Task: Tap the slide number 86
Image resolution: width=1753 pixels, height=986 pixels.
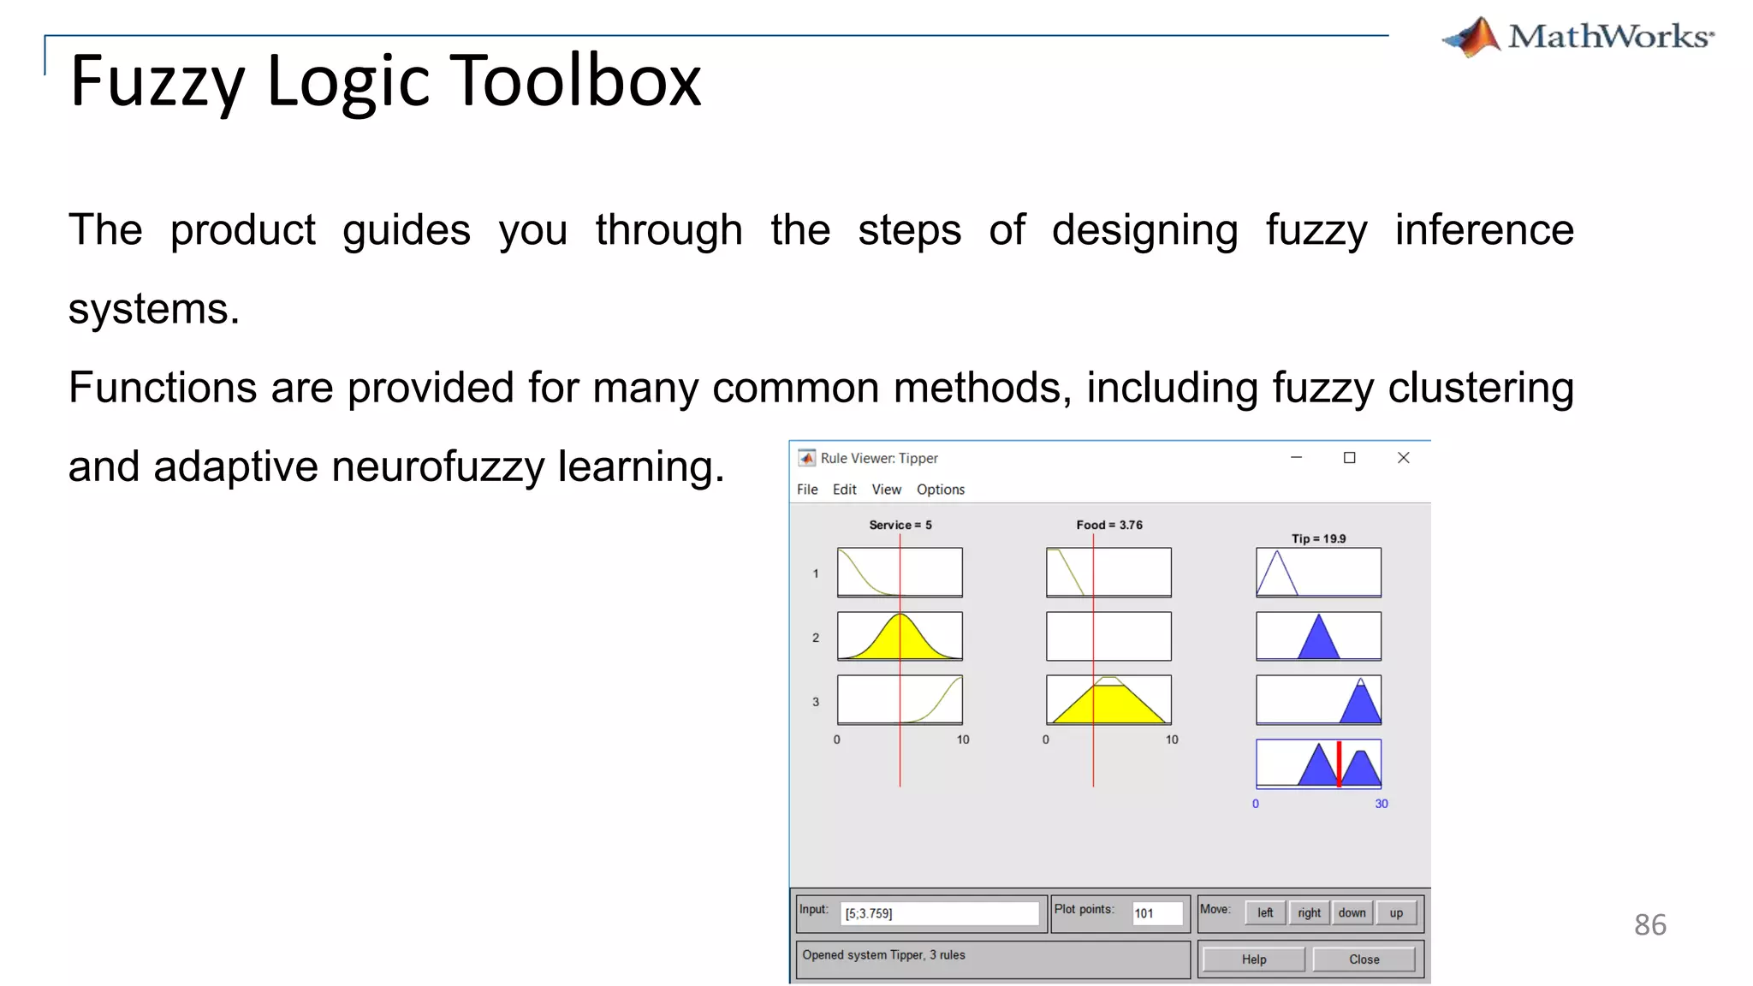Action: click(x=1649, y=924)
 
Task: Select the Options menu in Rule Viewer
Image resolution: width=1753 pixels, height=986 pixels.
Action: click(x=940, y=490)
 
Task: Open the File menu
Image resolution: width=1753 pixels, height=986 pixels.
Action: click(x=807, y=490)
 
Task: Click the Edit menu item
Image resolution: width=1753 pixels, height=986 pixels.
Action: click(x=844, y=490)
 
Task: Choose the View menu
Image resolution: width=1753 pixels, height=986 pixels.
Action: click(x=886, y=490)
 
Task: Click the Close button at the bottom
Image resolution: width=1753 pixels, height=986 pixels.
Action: click(x=1364, y=959)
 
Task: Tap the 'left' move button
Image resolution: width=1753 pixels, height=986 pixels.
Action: click(x=1265, y=913)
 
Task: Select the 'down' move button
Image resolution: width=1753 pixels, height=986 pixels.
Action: click(x=1352, y=913)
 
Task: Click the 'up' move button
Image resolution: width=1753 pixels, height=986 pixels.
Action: click(x=1396, y=913)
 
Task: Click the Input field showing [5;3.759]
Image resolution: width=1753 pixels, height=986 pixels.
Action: click(x=939, y=914)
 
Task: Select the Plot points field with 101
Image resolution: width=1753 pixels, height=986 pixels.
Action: click(x=1156, y=914)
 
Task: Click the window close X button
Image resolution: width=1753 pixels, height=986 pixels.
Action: click(x=1403, y=458)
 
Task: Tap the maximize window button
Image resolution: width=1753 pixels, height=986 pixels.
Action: click(x=1350, y=458)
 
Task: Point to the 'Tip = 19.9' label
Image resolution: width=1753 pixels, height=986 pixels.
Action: click(x=1318, y=538)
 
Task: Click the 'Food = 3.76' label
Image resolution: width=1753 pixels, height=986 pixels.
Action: click(x=1109, y=525)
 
